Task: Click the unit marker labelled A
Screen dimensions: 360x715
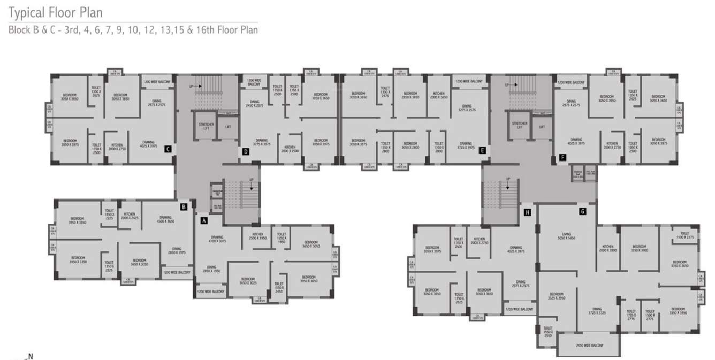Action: [203, 219]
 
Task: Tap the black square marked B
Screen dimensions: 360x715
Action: [184, 206]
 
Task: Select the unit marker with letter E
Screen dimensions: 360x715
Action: [482, 151]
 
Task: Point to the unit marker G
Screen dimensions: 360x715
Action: [582, 211]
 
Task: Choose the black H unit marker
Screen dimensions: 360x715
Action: [528, 212]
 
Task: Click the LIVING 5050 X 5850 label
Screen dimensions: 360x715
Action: [567, 236]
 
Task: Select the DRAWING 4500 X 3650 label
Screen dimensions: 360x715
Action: [165, 219]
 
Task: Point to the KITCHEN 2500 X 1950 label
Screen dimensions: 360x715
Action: [257, 236]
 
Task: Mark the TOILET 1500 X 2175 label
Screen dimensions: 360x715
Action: [684, 235]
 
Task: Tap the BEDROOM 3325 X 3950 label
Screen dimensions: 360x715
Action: [557, 296]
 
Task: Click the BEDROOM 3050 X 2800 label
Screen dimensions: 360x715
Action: [410, 145]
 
